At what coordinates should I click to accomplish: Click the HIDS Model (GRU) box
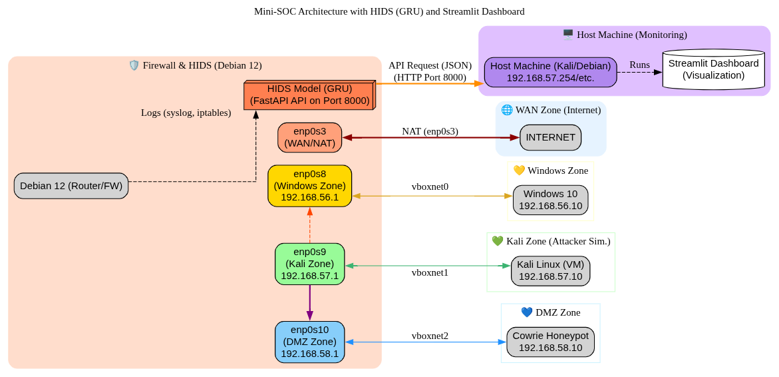[x=309, y=95]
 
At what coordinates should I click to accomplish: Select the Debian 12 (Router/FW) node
[x=71, y=186]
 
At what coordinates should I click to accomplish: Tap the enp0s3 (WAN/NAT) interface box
[x=309, y=137]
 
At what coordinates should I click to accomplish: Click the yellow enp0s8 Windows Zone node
[x=309, y=186]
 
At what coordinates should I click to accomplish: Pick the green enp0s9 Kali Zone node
[x=309, y=264]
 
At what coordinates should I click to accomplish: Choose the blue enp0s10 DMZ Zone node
[x=309, y=342]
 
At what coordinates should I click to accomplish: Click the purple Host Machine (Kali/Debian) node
[x=550, y=72]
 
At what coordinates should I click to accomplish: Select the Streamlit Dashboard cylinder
[x=713, y=69]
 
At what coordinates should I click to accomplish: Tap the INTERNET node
[x=550, y=137]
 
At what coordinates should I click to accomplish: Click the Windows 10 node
[x=550, y=200]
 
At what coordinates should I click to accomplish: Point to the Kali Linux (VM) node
[x=550, y=270]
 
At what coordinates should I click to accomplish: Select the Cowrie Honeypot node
[x=550, y=342]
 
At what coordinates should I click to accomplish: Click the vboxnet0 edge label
[x=430, y=187]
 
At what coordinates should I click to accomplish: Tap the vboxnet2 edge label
[x=430, y=336]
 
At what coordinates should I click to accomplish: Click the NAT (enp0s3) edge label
[x=430, y=131]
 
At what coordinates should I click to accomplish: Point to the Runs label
[x=639, y=65]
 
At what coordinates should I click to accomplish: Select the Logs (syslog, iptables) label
[x=186, y=113]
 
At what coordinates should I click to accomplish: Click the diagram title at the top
[x=389, y=11]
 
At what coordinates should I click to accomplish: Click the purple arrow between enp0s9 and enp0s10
[x=310, y=302]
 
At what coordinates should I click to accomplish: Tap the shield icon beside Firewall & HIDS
[x=134, y=65]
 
